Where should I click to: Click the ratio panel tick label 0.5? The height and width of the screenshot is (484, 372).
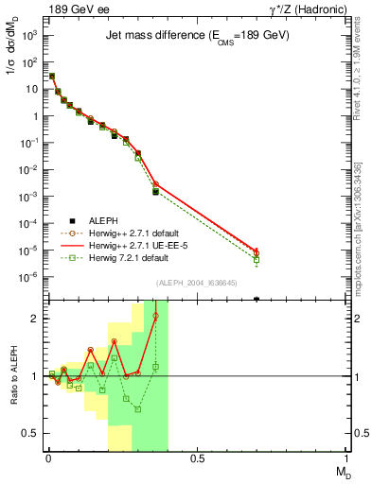[x=30, y=433]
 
